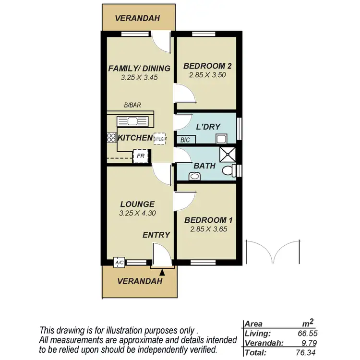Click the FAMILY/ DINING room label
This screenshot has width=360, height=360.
pos(133,68)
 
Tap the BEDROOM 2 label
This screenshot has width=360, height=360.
pos(205,66)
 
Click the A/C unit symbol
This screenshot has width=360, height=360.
pos(119,263)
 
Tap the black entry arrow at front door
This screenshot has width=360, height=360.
pos(162,272)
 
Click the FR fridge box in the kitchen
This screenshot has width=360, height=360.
pos(141,156)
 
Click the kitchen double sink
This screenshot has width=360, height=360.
pos(133,120)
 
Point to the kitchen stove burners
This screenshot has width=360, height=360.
pos(111,138)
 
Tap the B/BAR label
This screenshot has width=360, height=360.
pos(132,106)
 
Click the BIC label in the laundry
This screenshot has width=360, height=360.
pos(185,140)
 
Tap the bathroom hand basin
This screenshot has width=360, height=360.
pos(194,176)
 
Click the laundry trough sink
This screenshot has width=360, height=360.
pos(221,139)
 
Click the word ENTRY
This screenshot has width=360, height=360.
pos(156,235)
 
